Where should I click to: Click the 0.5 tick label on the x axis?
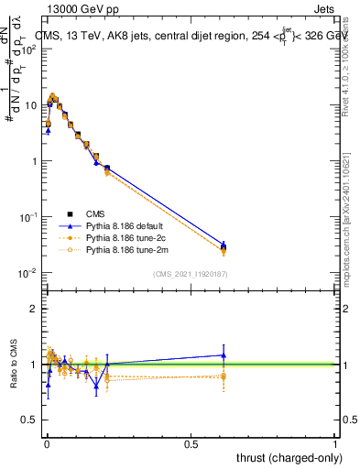[191, 443]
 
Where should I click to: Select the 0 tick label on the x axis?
[47, 443]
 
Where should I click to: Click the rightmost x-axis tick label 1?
[335, 443]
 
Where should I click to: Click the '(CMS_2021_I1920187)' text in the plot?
[191, 274]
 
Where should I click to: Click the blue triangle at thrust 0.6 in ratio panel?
[224, 355]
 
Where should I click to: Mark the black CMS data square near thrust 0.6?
[224, 246]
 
